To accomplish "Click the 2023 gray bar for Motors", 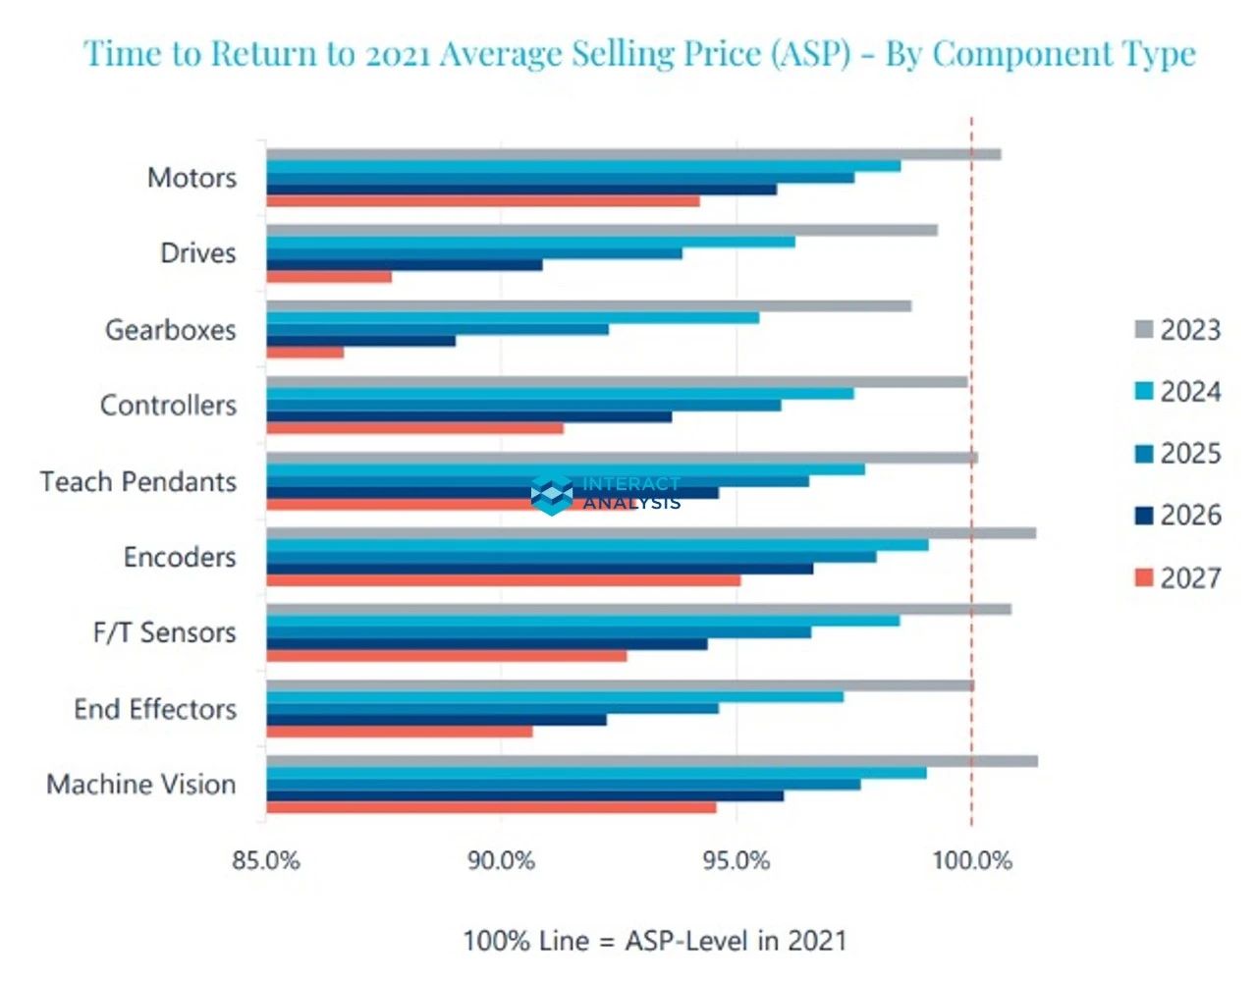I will point(633,154).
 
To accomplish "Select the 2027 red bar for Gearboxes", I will point(305,353).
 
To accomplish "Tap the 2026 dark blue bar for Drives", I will point(405,265).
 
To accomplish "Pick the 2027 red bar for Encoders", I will point(504,580).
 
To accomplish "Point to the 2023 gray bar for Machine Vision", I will point(652,761).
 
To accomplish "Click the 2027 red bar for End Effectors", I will point(400,732).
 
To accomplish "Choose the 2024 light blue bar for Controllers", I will point(560,394).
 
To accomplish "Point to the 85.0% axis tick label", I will point(266,861).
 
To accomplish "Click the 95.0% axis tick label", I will point(736,861).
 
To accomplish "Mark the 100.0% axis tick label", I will point(971,861).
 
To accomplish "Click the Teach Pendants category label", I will point(138,482).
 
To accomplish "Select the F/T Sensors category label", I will point(165,632).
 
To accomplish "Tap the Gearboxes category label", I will point(171,330).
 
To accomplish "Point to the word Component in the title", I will point(1022,53).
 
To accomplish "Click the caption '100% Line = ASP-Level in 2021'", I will point(654,941).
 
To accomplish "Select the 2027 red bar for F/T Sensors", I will point(447,656).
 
